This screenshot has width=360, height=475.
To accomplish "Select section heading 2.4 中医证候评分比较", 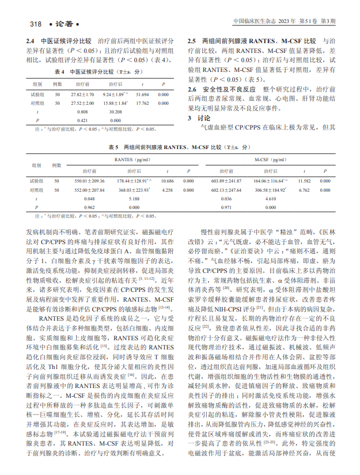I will point(61,42).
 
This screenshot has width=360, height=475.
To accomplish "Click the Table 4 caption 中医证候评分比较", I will point(97,73).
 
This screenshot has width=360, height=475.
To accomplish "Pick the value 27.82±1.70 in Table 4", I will point(82,94).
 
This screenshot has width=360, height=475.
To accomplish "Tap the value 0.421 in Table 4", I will point(82,120).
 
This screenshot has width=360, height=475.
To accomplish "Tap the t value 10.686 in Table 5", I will point(168,181).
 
